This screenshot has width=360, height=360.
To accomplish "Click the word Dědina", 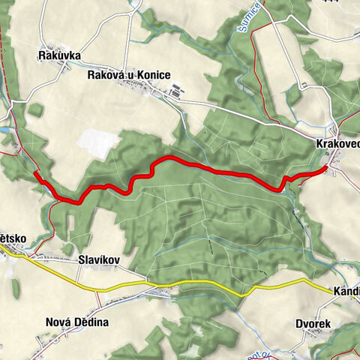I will pyautogui.click(x=91, y=322).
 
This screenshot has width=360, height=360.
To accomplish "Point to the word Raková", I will pyautogui.click(x=105, y=75).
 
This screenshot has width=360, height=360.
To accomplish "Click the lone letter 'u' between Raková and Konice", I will pyautogui.click(x=131, y=76).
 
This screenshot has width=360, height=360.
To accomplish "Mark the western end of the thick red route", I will pyautogui.click(x=36, y=173).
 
